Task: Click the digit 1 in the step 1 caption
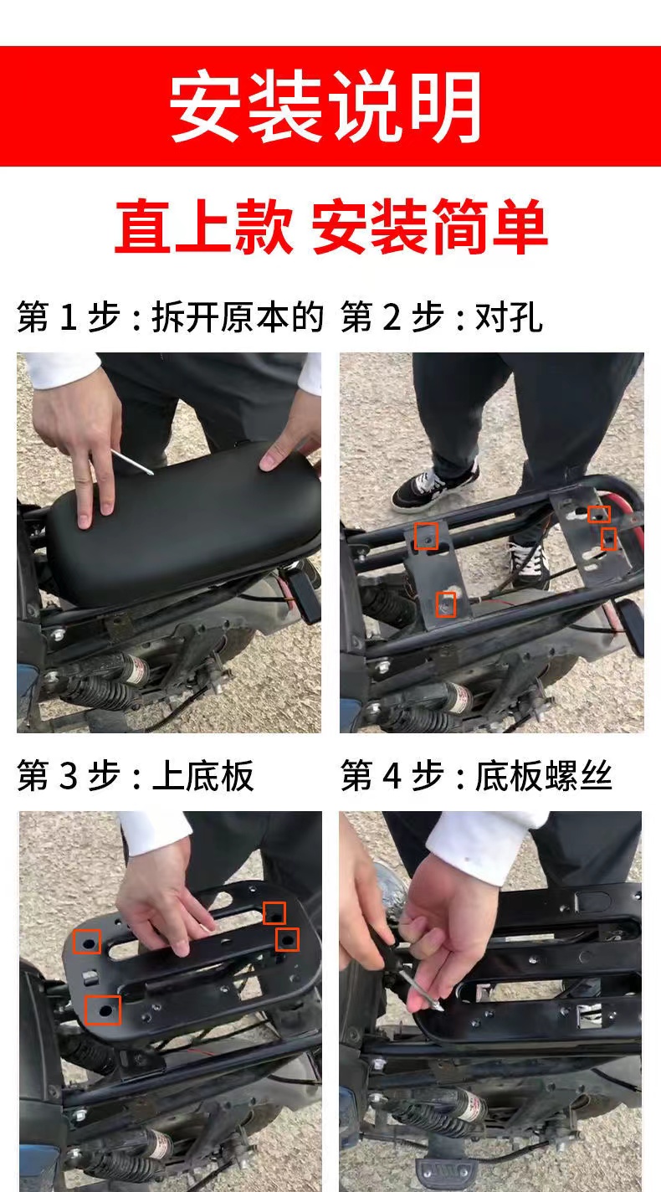click(70, 318)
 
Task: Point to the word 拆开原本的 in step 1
click(237, 318)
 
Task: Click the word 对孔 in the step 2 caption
click(509, 318)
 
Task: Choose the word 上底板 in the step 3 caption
click(202, 777)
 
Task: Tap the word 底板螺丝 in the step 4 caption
click(544, 777)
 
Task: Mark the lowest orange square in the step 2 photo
click(446, 604)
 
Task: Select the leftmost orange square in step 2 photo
click(427, 536)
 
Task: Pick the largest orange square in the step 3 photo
click(103, 1010)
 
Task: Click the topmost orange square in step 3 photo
click(274, 912)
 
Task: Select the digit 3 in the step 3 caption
click(70, 777)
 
